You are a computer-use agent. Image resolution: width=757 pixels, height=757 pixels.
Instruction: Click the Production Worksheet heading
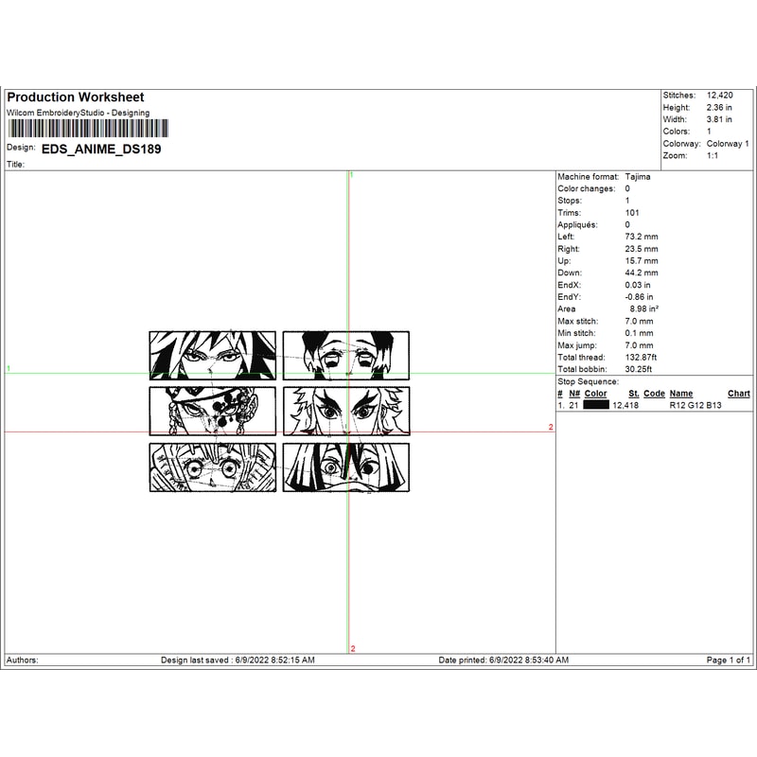pos(76,97)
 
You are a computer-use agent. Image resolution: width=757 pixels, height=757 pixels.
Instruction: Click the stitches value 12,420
pos(721,96)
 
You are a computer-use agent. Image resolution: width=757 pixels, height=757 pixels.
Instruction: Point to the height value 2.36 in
pos(719,108)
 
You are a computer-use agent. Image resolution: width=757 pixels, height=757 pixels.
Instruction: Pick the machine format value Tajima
pos(638,177)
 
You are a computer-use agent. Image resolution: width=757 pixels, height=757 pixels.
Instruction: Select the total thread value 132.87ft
pos(641,357)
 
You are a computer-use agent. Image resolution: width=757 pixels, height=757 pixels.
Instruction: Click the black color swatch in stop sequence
pos(596,405)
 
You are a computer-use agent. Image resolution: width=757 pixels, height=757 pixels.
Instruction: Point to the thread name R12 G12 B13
pos(695,405)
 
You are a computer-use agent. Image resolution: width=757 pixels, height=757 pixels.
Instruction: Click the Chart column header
pos(738,394)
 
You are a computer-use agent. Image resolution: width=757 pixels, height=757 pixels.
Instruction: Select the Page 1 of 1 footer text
pos(729,660)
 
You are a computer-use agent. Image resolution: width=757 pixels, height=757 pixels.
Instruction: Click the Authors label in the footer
pos(23,660)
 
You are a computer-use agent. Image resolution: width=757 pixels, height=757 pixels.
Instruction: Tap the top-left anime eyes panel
pos(213,355)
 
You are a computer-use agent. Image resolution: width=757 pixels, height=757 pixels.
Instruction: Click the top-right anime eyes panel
pos(346,355)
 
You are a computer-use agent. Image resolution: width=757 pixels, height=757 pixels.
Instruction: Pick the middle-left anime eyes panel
pos(213,411)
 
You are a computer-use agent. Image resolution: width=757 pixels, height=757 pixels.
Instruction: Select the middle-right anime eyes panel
pos(346,411)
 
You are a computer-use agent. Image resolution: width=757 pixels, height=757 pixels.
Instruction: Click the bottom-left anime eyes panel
pos(213,467)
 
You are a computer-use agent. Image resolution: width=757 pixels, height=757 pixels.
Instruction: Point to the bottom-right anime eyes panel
pos(346,467)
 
